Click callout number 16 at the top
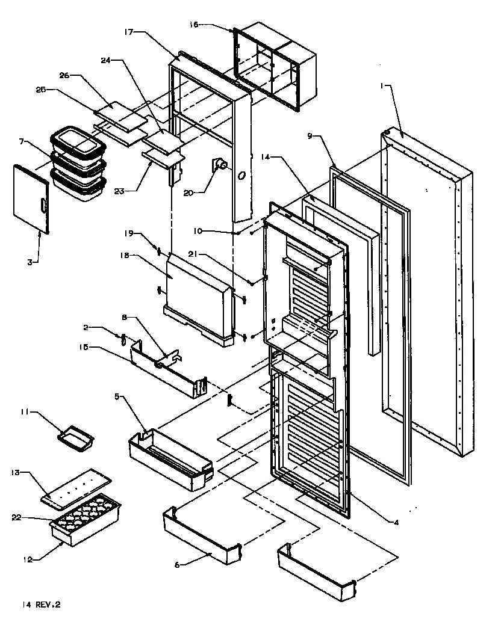point(194,24)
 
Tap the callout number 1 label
point(381,86)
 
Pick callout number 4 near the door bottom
point(396,522)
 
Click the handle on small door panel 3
point(43,206)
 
